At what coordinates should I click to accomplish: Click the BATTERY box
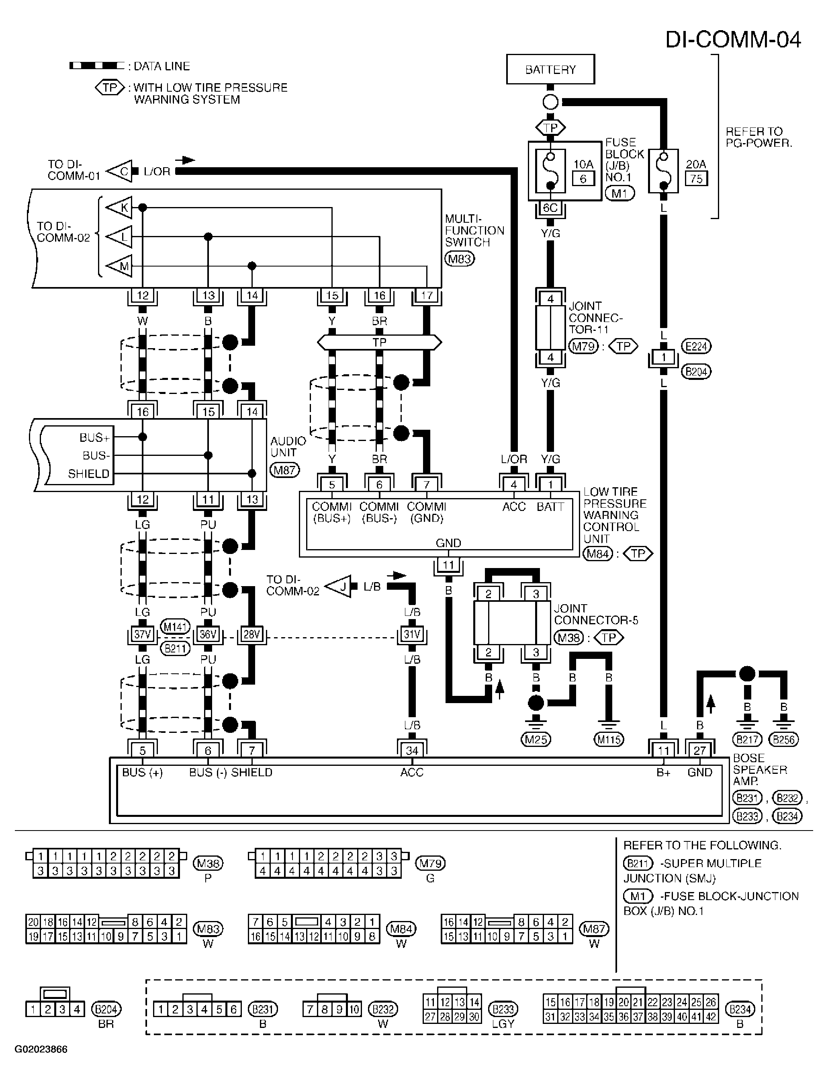click(550, 69)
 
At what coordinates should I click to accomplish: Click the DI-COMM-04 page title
click(733, 39)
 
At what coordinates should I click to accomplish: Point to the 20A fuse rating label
click(695, 164)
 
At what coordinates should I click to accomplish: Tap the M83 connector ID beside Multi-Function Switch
click(459, 259)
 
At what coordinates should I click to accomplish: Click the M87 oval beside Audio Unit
click(284, 470)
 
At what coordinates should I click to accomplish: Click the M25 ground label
click(536, 739)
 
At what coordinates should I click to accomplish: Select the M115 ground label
click(609, 739)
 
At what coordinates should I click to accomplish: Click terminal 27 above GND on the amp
click(699, 750)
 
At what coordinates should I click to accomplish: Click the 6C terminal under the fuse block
click(550, 207)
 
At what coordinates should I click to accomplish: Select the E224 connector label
click(696, 346)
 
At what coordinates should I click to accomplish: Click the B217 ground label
click(747, 739)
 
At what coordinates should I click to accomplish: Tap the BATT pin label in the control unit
click(550, 507)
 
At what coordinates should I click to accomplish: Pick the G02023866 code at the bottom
click(41, 1049)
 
